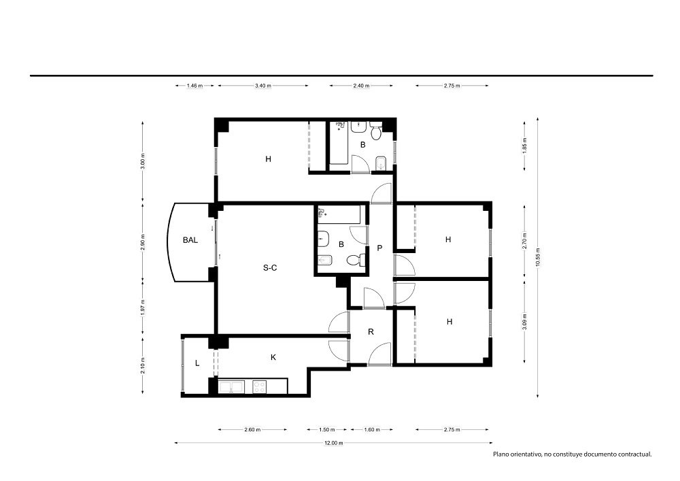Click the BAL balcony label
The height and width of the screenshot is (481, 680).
coord(190,240)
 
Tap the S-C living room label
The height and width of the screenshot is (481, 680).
coord(270,268)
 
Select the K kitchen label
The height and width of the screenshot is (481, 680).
coord(273,357)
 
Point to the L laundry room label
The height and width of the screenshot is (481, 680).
coord(197,363)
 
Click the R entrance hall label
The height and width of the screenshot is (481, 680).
coord(371,332)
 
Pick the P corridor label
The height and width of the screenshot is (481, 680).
coord(380,248)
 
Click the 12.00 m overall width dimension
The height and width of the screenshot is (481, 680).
coord(334,443)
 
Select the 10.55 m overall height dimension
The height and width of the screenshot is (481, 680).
coord(538,257)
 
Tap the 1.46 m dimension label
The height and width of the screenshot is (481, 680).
coord(194,86)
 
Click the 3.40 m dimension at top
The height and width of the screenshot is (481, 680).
coord(263,86)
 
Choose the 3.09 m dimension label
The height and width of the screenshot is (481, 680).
coord(525,322)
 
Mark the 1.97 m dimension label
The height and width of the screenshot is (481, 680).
coord(143,308)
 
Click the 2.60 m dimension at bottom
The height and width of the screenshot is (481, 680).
coord(252,430)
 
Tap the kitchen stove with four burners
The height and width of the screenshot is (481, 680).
coord(259,387)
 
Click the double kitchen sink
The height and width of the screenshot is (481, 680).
coord(231,387)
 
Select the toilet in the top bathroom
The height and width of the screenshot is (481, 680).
coord(375,131)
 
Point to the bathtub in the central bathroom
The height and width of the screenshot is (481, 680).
coord(339,215)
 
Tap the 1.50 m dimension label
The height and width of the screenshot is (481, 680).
coord(327,430)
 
